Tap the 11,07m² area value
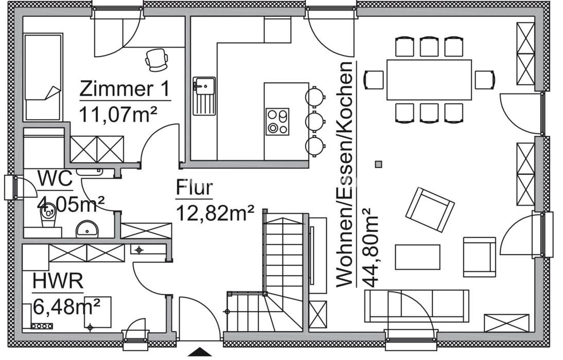118,113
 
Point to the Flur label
194,188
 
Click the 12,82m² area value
215,211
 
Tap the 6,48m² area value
66,307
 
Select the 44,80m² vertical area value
370,247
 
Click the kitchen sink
204,96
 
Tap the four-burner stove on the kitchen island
277,121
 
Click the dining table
429,80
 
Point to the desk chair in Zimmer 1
156,59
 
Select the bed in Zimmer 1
43,77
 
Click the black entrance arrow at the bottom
200,352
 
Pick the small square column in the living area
378,164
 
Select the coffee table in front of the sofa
417,257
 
